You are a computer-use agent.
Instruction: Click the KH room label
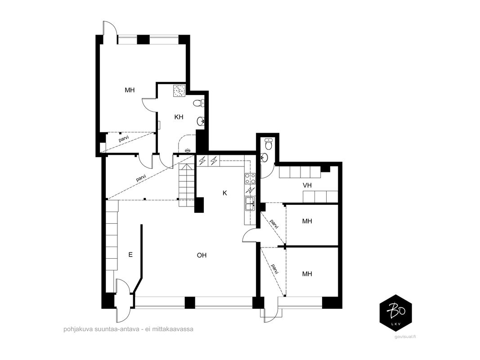tap(179, 117)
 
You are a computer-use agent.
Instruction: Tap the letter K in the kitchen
tap(224, 193)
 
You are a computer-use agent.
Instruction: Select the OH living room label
tap(202, 255)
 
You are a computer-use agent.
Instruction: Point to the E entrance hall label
tap(130, 255)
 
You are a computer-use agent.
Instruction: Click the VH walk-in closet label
tap(307, 185)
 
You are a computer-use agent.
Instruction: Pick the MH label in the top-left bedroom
tap(130, 90)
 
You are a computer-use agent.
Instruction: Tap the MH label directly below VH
tap(307, 221)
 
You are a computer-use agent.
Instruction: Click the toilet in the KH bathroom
tap(199, 103)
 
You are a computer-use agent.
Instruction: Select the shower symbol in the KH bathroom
tap(179, 90)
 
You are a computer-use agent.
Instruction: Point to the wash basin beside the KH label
tap(201, 121)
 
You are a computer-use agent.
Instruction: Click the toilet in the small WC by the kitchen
tap(269, 144)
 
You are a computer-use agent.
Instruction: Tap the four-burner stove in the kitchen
tap(250, 179)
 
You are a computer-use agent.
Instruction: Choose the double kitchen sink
tap(250, 204)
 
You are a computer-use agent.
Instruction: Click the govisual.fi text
tap(406, 337)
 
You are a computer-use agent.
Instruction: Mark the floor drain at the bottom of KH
tap(188, 150)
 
